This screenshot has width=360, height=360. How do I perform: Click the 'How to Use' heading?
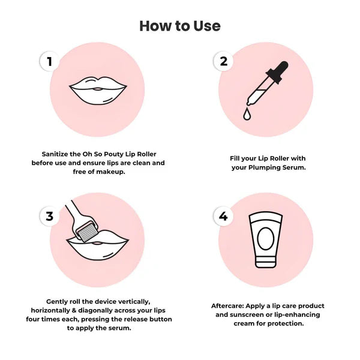click(180, 26)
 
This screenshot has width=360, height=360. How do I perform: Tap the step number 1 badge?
click(50, 61)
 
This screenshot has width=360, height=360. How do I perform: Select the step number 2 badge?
click(223, 61)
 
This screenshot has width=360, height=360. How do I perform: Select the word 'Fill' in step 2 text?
click(236, 158)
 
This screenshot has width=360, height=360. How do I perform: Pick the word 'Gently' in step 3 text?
click(59, 301)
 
